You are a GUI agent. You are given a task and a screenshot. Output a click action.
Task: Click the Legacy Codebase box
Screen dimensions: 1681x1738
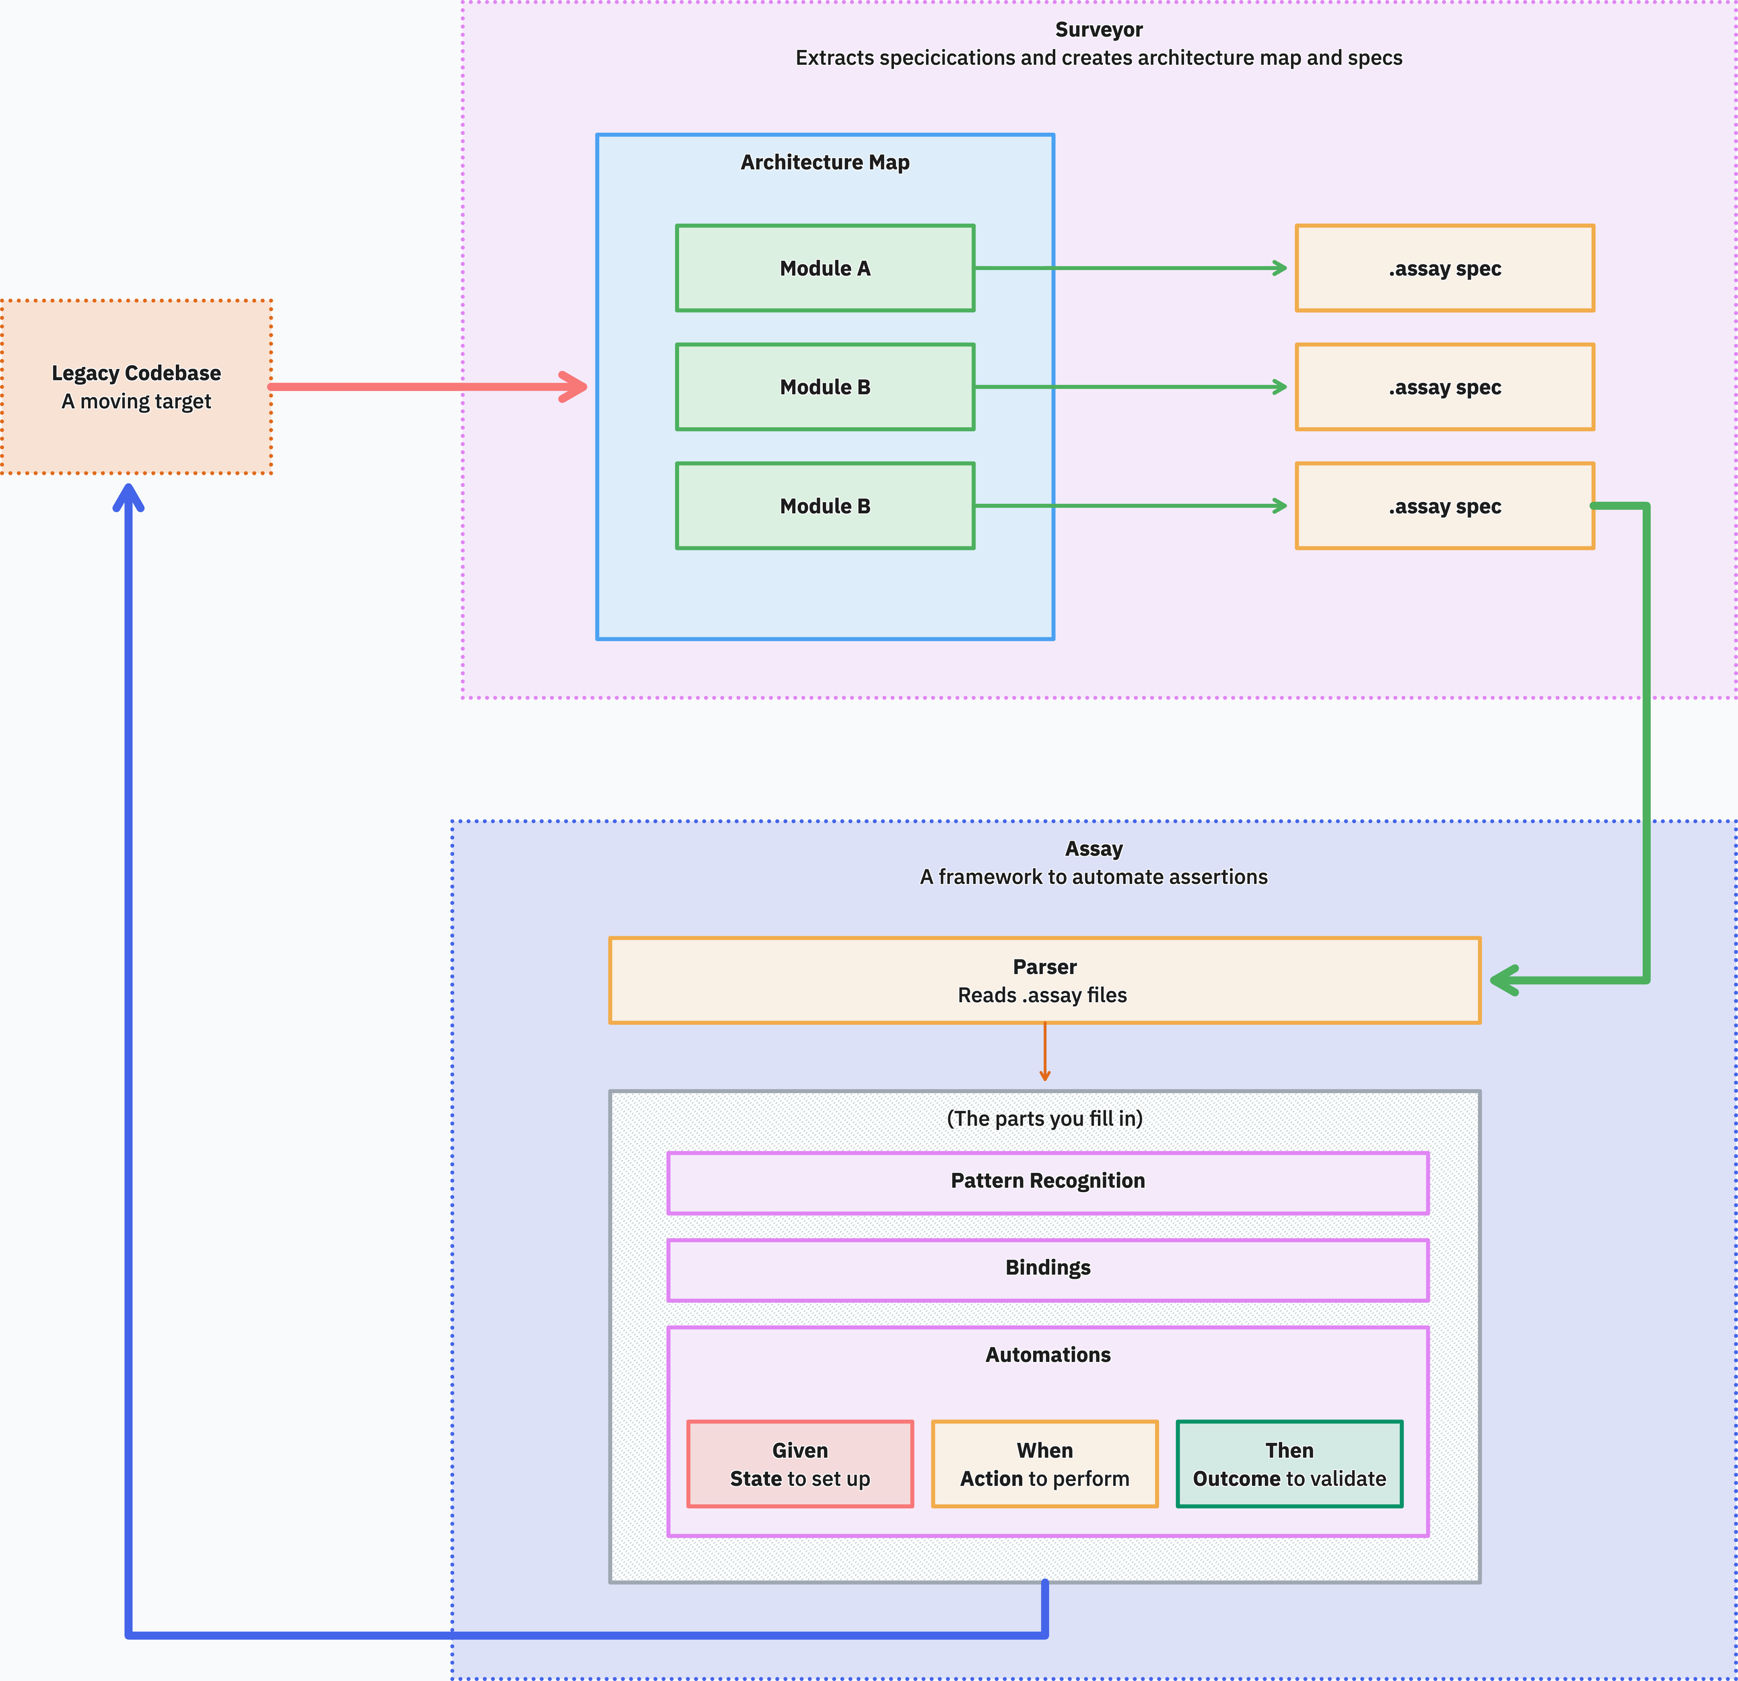point(136,387)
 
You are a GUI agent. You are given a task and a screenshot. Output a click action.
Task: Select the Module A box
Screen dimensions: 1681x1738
point(825,268)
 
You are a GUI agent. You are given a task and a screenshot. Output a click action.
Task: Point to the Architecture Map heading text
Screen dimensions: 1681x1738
point(825,162)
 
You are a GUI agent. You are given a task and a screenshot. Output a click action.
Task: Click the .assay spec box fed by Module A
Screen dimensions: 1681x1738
point(1444,268)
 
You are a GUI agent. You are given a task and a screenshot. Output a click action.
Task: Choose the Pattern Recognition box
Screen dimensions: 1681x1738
point(1047,1182)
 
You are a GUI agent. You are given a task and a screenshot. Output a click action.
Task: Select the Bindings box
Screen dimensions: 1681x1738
point(1047,1269)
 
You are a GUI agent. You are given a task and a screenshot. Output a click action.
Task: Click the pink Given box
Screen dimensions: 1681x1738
point(800,1464)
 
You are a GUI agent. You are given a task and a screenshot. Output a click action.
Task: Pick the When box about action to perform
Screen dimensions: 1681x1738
point(1044,1464)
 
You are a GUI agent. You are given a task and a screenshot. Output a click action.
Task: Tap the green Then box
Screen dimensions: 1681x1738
point(1289,1464)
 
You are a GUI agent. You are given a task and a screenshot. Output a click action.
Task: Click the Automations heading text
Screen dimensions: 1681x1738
point(1047,1355)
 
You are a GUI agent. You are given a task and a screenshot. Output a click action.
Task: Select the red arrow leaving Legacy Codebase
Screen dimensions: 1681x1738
point(426,387)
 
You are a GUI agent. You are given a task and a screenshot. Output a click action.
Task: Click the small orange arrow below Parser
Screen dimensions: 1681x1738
point(1044,1055)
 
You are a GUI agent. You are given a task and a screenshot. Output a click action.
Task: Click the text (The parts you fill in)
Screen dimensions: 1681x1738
point(1044,1119)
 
